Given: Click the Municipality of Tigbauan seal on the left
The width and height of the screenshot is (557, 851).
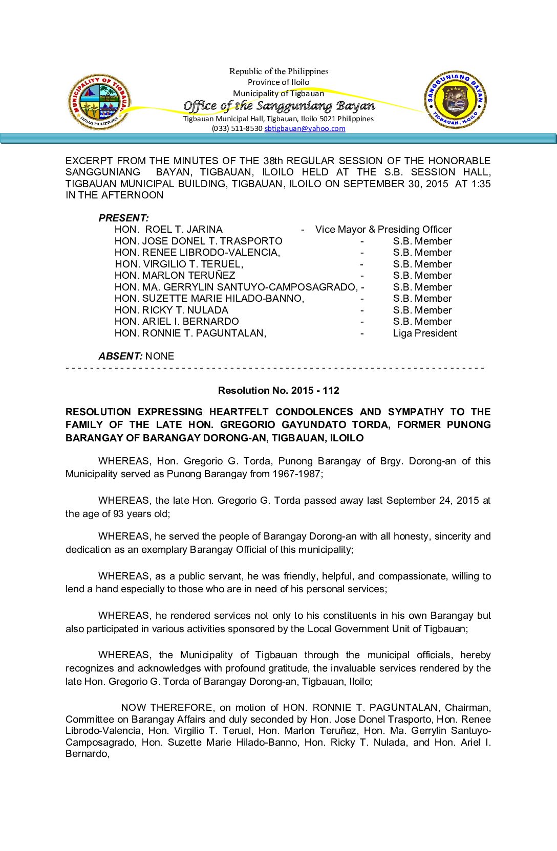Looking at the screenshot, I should click(99, 101).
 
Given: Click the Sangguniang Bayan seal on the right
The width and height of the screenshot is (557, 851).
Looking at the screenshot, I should click(455, 100).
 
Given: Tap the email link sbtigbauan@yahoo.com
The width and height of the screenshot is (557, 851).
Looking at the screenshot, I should click(305, 128).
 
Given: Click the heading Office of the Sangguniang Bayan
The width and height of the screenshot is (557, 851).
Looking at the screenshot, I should click(279, 106).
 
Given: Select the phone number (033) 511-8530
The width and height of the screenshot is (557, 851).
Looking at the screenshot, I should click(237, 128).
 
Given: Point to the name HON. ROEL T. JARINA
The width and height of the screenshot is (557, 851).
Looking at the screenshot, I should click(168, 230).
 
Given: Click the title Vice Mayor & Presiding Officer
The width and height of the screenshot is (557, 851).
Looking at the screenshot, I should click(383, 230).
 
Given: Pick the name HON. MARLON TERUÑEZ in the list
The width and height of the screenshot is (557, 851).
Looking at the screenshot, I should click(175, 276).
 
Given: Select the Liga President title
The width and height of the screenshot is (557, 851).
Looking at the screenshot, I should click(425, 333).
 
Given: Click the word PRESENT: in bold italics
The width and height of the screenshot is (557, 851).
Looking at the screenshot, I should click(123, 218).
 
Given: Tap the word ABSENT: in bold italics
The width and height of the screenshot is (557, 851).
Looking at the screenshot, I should click(120, 356).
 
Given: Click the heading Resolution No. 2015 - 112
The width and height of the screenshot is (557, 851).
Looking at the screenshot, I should click(278, 391).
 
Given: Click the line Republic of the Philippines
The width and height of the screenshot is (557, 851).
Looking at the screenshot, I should click(278, 72).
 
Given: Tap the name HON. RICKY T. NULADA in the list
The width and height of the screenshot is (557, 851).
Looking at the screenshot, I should click(171, 310).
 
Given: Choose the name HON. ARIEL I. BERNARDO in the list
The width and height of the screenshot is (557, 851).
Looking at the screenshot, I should click(177, 322).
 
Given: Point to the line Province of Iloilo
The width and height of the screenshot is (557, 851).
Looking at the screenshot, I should click(278, 82).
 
